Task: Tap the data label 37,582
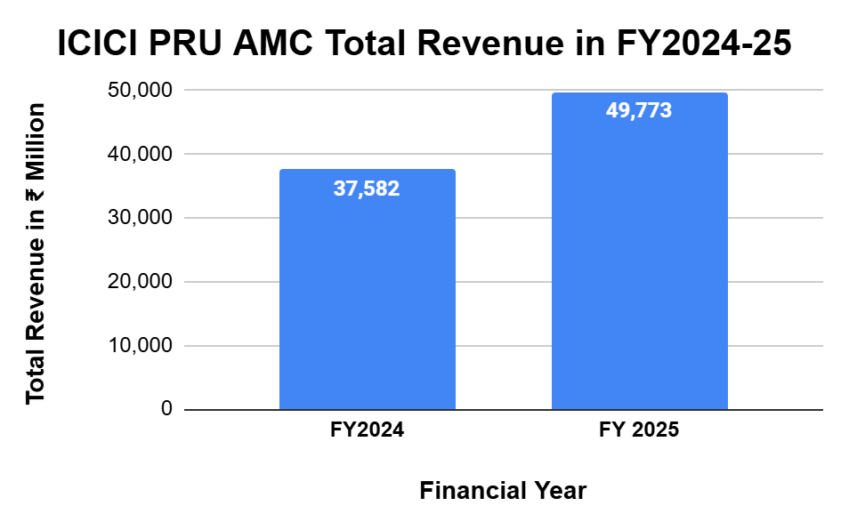click(x=367, y=189)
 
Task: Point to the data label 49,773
click(x=639, y=111)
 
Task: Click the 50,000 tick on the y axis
click(x=141, y=91)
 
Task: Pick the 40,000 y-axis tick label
click(x=141, y=155)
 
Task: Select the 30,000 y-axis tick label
click(x=141, y=219)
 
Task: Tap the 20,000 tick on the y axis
click(x=141, y=283)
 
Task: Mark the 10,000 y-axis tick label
click(x=141, y=346)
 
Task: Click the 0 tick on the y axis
click(x=166, y=410)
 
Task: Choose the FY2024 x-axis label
click(x=367, y=431)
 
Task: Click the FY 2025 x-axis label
click(x=639, y=431)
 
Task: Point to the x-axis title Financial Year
click(x=503, y=490)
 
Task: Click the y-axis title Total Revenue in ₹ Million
click(x=35, y=253)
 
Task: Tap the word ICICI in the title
click(x=98, y=44)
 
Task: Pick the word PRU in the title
click(x=185, y=44)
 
